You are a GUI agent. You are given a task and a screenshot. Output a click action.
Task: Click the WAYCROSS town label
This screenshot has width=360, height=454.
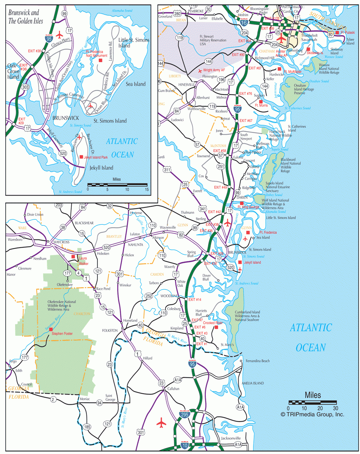point(61,242)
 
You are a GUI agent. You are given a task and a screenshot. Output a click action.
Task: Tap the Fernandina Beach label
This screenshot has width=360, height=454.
point(257,361)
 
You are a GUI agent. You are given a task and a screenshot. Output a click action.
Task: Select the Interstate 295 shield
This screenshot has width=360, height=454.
point(184,414)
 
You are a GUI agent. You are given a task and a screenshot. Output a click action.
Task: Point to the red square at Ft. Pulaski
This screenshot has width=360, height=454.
point(337,32)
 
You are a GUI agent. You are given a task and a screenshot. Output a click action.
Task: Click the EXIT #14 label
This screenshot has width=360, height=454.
point(194,299)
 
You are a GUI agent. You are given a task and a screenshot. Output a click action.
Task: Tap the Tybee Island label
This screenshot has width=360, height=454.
point(350,42)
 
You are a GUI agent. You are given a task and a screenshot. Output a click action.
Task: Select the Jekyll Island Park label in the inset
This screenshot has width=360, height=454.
point(96,157)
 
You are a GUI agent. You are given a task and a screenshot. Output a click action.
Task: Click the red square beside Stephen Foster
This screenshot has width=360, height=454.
point(51,329)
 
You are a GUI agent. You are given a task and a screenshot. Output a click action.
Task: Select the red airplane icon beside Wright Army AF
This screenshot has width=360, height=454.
point(200,71)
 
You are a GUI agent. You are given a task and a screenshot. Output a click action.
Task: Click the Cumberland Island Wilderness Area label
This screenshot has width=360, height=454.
point(247,316)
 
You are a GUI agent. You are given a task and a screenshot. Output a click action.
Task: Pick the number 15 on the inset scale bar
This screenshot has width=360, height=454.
point(147,189)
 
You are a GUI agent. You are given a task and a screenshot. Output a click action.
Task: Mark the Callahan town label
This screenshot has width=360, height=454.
point(173,389)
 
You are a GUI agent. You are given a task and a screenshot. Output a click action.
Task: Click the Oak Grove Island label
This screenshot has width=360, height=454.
point(13,71)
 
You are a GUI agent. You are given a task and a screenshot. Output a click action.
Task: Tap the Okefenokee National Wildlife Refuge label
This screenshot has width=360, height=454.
point(62,305)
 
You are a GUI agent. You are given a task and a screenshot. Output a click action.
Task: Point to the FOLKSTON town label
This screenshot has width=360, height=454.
point(110,331)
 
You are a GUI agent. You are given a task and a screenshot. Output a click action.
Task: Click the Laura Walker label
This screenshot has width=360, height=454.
point(83,261)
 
